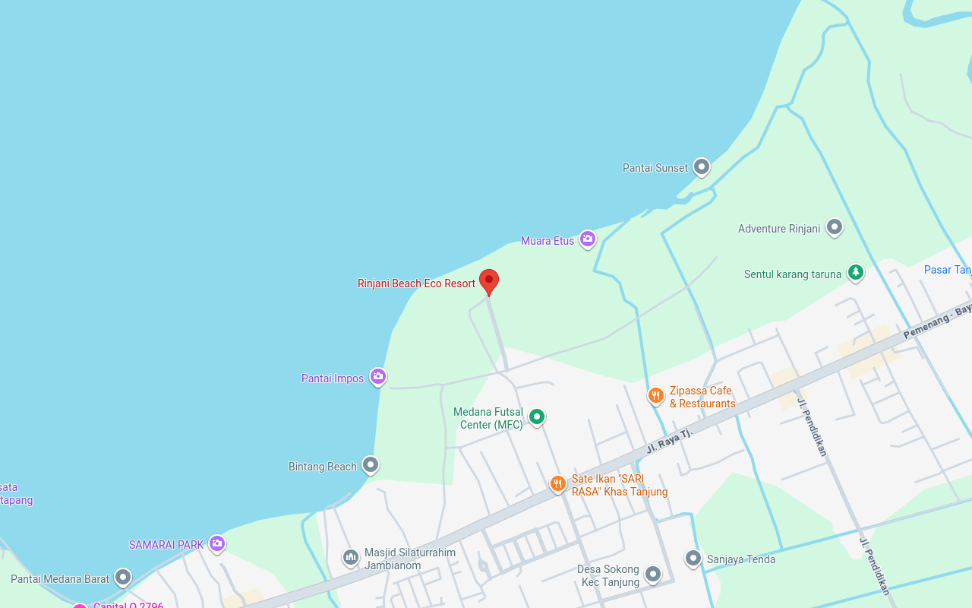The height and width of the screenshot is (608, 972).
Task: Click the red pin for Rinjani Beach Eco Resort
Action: (x=489, y=281)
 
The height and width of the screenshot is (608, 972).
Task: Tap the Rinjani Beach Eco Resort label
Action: (x=416, y=283)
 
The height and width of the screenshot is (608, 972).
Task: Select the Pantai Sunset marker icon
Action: (x=702, y=166)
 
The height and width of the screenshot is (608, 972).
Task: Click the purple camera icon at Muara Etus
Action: (x=588, y=239)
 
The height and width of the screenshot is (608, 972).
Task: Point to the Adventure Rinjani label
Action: (x=779, y=229)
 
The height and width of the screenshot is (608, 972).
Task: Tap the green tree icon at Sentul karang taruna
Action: (x=856, y=272)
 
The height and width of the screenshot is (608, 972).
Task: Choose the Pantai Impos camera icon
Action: (x=378, y=376)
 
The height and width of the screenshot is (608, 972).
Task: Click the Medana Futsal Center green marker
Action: (x=537, y=416)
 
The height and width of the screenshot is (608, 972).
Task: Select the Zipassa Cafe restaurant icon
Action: (x=656, y=395)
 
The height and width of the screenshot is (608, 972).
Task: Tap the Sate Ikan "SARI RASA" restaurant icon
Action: (x=558, y=483)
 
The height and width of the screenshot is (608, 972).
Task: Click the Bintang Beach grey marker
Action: (x=371, y=464)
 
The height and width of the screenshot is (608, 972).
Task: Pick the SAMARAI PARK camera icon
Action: (x=217, y=543)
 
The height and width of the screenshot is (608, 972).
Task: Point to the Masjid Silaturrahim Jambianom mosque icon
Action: (x=351, y=558)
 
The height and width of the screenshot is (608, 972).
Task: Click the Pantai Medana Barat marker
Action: (x=123, y=578)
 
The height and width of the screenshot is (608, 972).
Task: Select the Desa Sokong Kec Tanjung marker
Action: (x=653, y=574)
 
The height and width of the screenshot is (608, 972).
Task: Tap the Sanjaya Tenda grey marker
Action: (x=693, y=559)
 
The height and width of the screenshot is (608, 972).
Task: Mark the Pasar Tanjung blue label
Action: (x=947, y=270)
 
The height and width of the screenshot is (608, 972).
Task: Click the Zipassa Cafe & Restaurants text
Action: (x=702, y=397)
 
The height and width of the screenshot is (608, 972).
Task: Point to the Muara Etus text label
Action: (x=548, y=241)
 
